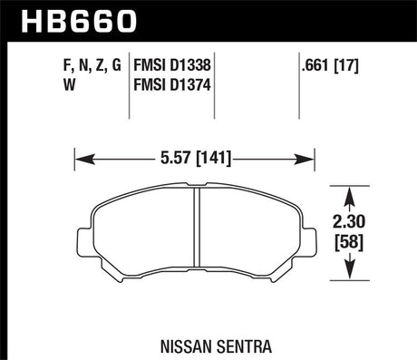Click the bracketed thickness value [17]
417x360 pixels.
point(355,66)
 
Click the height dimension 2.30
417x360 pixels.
point(350,219)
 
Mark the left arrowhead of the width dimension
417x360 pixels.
point(78,159)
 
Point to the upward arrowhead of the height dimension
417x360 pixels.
point(350,191)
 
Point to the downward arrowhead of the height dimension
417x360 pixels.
point(350,272)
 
